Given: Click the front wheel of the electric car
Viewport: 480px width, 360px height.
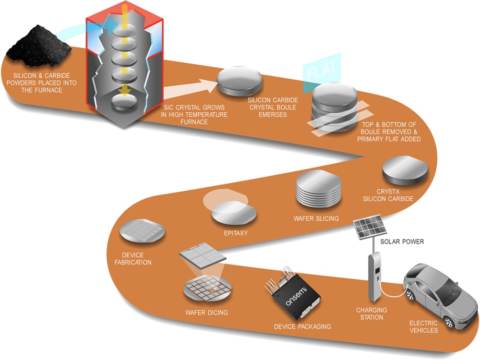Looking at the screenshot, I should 411,294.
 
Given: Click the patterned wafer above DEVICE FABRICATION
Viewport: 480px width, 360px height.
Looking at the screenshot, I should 143,231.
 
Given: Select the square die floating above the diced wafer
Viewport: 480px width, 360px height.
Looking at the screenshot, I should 203,254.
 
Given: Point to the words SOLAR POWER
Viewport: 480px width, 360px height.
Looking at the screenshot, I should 402,241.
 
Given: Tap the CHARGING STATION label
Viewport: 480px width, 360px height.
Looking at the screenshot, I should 372,313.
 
